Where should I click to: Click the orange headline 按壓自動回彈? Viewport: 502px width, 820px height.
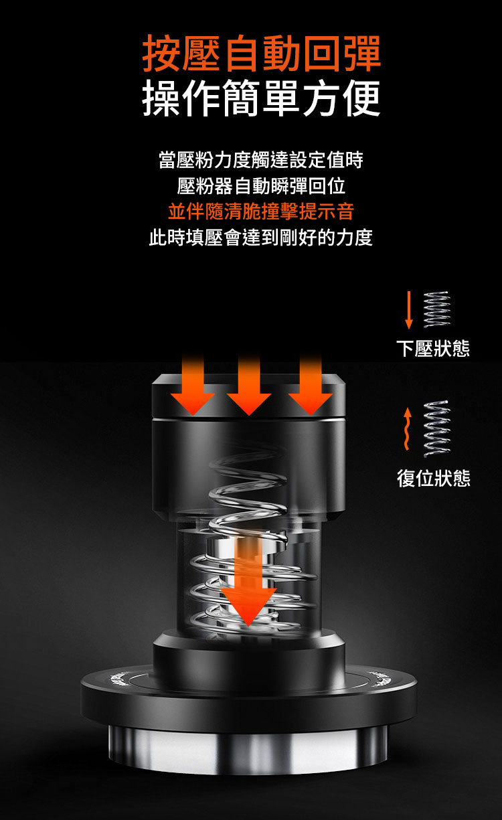pos(262,54)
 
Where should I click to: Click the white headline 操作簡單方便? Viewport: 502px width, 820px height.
pos(262,98)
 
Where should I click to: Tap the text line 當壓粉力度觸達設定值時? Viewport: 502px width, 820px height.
pos(260,159)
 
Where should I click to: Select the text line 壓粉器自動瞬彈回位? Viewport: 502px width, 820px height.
pos(260,186)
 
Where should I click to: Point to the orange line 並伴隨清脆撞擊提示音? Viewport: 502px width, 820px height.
pos(260,212)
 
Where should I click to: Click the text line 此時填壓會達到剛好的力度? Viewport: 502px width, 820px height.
pos(260,238)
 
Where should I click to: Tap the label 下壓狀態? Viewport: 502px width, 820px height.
pos(433,348)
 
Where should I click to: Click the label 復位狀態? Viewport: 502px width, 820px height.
pos(434,478)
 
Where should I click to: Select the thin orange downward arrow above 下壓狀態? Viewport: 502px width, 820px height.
pos(409,310)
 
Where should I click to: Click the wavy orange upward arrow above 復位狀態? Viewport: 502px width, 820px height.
pos(407,428)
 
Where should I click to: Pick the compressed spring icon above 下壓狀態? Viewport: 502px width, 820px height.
pos(437,309)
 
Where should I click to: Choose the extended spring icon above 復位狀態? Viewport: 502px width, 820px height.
pos(437,428)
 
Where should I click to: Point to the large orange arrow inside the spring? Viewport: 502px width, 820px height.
pos(248,582)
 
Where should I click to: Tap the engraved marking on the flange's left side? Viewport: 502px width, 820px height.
pos(119,678)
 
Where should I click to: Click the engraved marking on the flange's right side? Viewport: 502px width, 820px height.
pos(382,678)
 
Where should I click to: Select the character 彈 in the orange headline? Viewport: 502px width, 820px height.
pos(362,54)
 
